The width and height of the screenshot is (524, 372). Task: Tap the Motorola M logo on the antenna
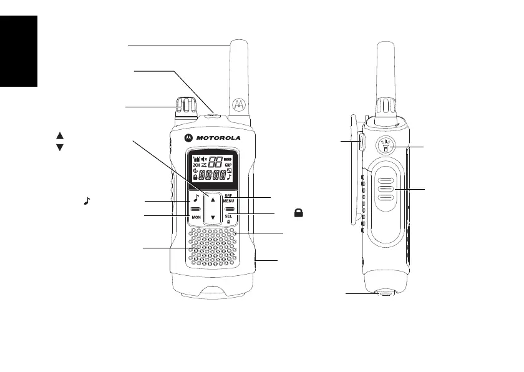coord(237,105)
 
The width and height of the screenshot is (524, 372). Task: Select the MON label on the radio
coord(195,217)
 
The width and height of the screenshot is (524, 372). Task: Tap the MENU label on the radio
coord(229,201)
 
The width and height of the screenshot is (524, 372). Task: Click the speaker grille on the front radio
coord(213,245)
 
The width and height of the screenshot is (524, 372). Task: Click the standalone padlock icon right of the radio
coord(299,213)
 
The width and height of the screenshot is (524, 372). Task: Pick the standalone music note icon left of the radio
coord(87,201)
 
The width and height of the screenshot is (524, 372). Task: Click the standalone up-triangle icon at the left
coord(60,135)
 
